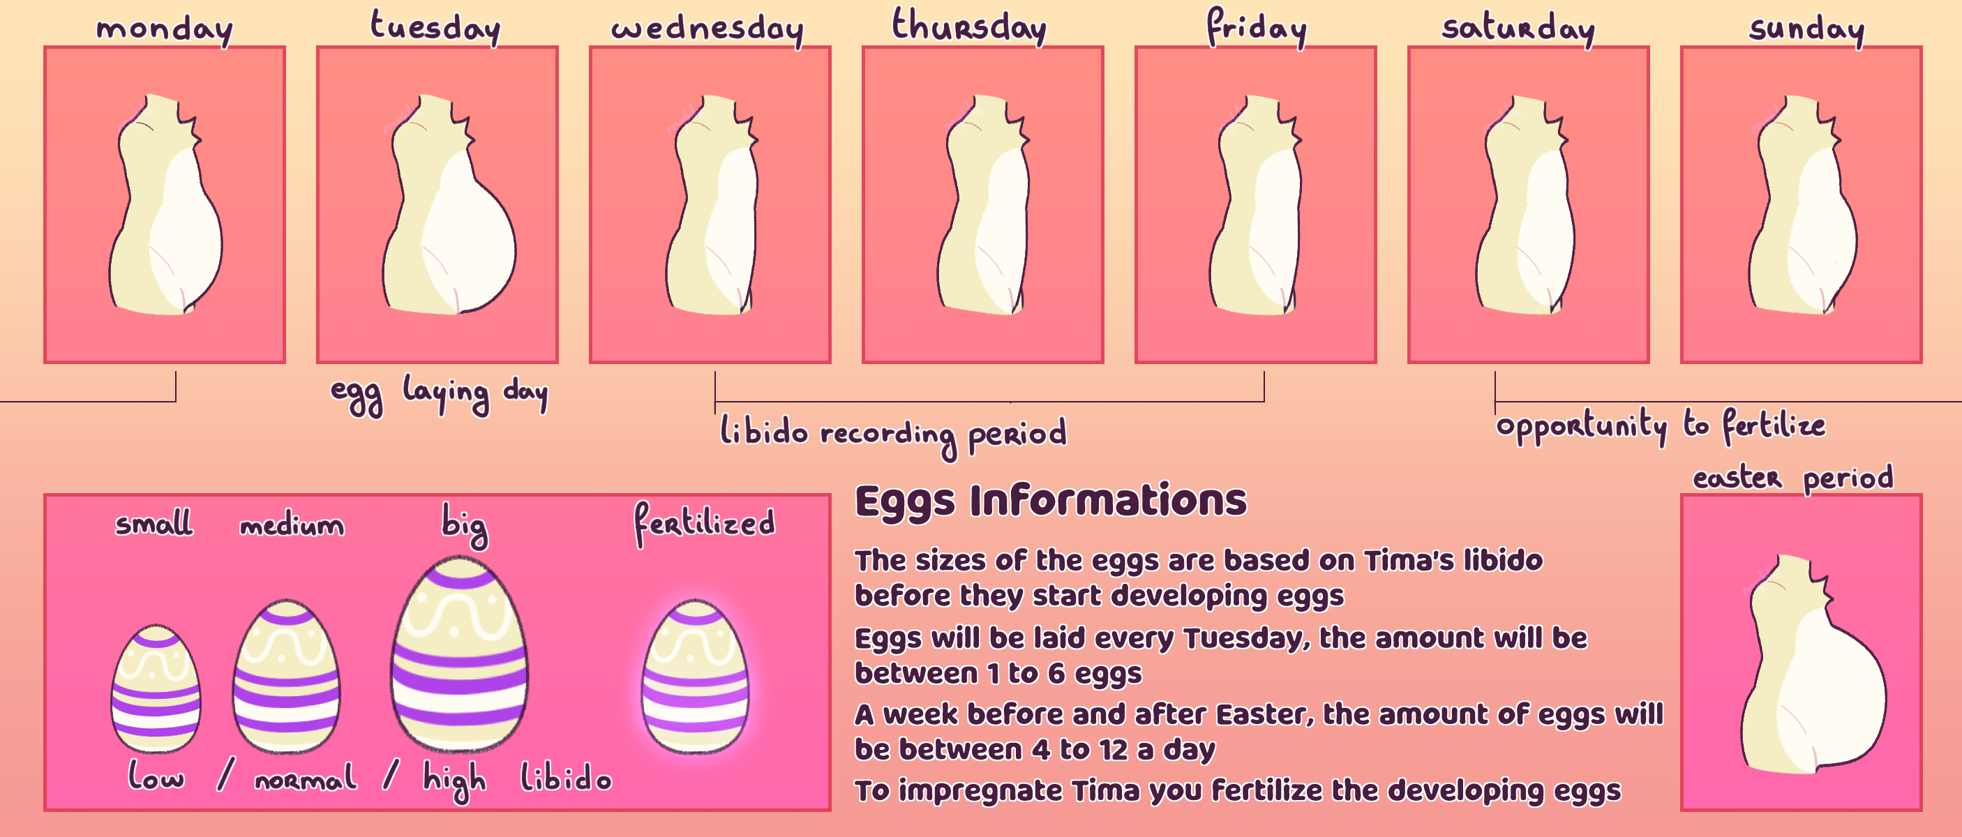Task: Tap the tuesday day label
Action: pos(435,27)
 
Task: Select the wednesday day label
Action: pos(707,29)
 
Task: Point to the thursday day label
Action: pos(969,26)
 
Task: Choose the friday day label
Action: pos(1256,27)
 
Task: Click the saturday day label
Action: pos(1518,29)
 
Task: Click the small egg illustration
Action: pos(156,688)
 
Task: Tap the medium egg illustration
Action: pos(286,677)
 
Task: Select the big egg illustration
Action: pos(458,654)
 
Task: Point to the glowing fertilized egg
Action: pos(695,677)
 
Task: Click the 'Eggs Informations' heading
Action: pos(1051,501)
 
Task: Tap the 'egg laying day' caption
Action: pos(439,395)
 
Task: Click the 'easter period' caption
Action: pos(1793,478)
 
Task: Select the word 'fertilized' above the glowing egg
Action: pos(705,524)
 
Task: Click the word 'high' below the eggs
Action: pos(455,780)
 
